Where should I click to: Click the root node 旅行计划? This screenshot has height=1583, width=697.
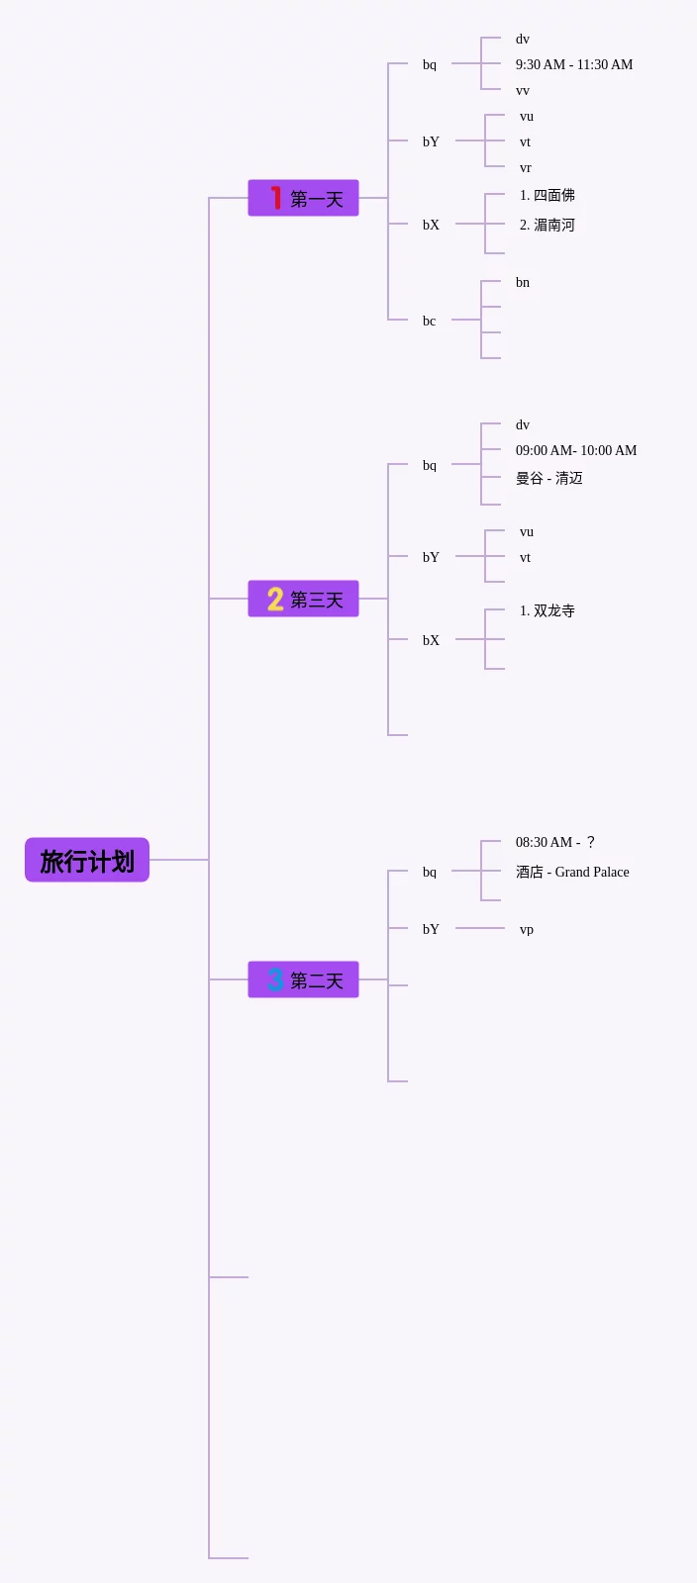(87, 860)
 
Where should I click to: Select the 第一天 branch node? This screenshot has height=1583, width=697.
(303, 198)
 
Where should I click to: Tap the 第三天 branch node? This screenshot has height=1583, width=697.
(303, 599)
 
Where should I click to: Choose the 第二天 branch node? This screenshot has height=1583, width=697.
(303, 979)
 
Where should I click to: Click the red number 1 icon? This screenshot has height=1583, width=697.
(275, 198)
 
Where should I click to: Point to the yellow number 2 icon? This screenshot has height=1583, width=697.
(275, 599)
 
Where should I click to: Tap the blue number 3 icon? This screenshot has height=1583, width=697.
(275, 979)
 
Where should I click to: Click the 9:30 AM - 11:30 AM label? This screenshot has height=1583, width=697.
(574, 64)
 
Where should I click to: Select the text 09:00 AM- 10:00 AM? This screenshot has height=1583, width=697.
(576, 450)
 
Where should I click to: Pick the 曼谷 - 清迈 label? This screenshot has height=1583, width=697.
(549, 478)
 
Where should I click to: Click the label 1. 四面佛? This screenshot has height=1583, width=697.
(548, 195)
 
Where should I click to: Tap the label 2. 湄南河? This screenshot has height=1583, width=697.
(548, 225)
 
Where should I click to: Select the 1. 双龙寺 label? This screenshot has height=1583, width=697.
(548, 610)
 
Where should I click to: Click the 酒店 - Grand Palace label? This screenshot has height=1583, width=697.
(572, 872)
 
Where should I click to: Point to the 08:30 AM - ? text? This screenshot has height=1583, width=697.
(555, 842)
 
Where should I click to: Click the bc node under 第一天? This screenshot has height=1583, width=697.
(430, 321)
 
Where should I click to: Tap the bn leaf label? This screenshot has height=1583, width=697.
(523, 282)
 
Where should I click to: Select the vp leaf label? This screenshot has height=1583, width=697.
(527, 929)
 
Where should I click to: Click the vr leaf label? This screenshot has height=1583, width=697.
(526, 167)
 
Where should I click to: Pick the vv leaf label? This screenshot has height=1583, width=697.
(523, 90)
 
